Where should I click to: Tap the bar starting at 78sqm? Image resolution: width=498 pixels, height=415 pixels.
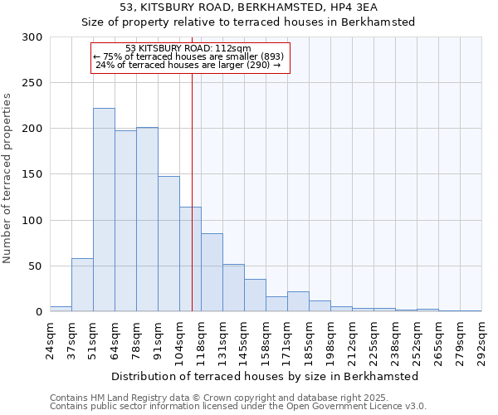pyautogui.click(x=147, y=219)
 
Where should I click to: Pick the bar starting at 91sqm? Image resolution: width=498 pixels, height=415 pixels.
pyautogui.click(x=168, y=244)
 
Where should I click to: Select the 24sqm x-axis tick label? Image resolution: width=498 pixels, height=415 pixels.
pyautogui.click(x=50, y=339)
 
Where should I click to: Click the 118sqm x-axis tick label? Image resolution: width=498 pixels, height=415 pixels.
pyautogui.click(x=201, y=339)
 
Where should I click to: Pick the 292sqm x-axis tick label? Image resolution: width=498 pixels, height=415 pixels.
pyautogui.click(x=481, y=339)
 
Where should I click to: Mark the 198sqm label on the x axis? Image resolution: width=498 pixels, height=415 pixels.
pyautogui.click(x=330, y=339)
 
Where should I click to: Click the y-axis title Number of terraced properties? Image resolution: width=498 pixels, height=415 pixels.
pyautogui.click(x=7, y=178)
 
